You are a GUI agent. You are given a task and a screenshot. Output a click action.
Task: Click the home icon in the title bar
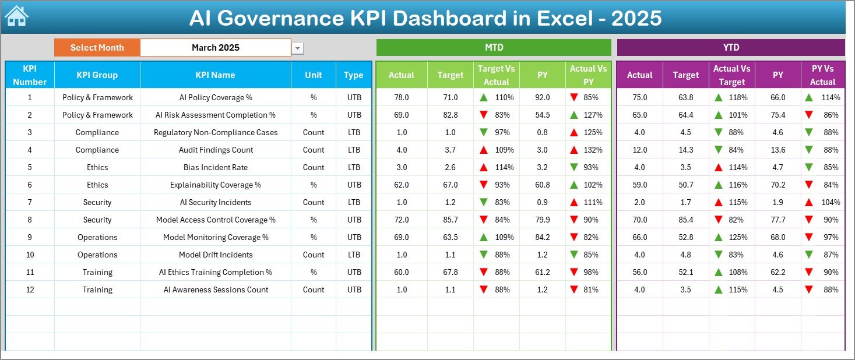16,16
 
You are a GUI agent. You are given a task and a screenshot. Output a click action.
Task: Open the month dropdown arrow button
298,48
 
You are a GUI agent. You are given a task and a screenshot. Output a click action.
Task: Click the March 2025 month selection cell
215,48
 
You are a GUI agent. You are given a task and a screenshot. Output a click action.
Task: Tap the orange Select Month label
97,48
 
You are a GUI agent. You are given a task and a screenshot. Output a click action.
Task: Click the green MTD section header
494,47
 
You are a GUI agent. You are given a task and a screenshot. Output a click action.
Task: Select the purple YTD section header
730,47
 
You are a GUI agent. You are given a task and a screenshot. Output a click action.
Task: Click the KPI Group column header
97,75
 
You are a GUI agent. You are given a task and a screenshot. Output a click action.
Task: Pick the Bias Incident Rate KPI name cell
215,167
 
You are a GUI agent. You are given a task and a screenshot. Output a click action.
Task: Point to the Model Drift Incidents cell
215,255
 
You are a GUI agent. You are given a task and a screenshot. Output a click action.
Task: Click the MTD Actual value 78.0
401,97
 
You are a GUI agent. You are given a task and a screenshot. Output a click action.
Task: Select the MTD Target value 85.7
450,220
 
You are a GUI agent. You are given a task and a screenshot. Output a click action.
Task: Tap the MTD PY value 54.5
542,115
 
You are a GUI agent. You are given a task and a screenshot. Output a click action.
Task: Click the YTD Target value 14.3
685,150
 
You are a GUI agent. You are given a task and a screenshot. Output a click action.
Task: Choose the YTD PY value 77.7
777,220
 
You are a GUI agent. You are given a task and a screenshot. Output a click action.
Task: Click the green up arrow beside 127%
575,115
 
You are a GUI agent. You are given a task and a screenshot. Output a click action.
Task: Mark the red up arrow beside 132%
575,150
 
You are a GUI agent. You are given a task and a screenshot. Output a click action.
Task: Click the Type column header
353,75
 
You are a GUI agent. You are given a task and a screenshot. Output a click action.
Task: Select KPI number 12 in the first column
30,290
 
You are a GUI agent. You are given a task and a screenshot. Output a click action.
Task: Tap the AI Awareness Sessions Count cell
215,290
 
